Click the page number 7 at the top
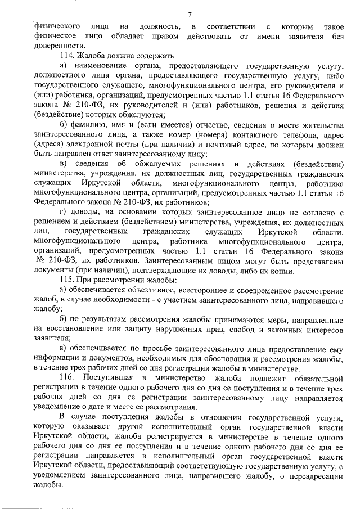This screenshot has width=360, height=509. click(190, 13)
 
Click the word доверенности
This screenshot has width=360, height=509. click(52, 46)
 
